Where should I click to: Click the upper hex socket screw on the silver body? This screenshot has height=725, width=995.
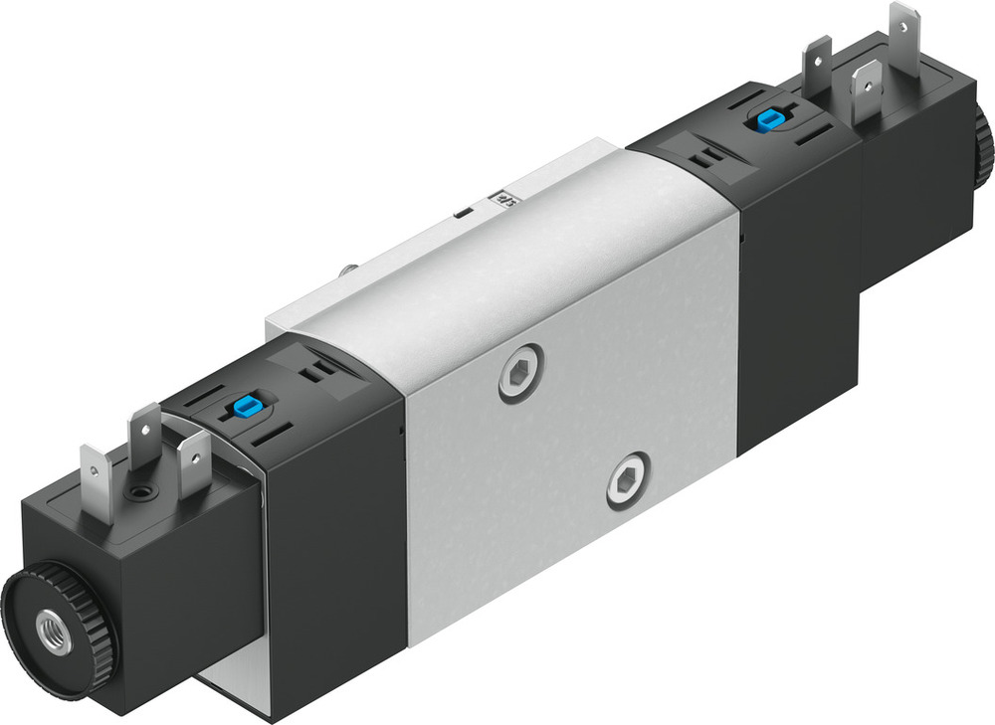[521, 373]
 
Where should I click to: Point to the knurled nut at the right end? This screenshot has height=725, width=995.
[984, 144]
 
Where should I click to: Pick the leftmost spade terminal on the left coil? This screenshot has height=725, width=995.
[97, 477]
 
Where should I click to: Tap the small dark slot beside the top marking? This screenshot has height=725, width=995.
[462, 213]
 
